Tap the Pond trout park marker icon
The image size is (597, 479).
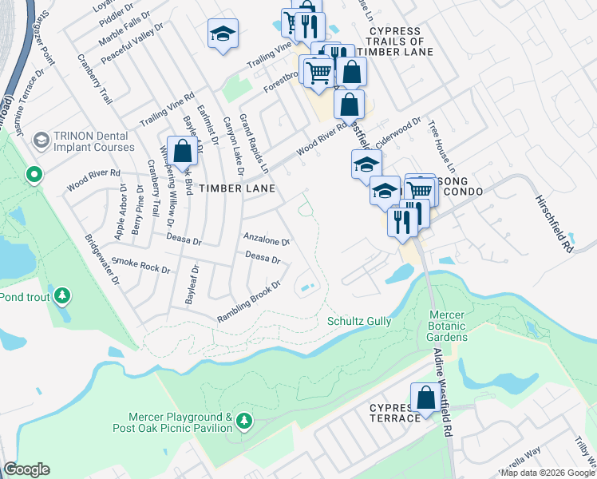pyautogui.click(x=61, y=297)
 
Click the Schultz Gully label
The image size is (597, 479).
pyautogui.click(x=359, y=321)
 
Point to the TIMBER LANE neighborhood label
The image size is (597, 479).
pyautogui.click(x=237, y=188)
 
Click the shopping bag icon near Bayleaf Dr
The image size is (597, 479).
pyautogui.click(x=183, y=150)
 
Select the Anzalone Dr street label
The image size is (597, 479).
pyautogui.click(x=266, y=239)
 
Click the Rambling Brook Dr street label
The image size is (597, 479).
pyautogui.click(x=250, y=302)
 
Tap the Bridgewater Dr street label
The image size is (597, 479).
pyautogui.click(x=102, y=259)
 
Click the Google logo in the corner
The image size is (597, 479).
pyautogui.click(x=26, y=469)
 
